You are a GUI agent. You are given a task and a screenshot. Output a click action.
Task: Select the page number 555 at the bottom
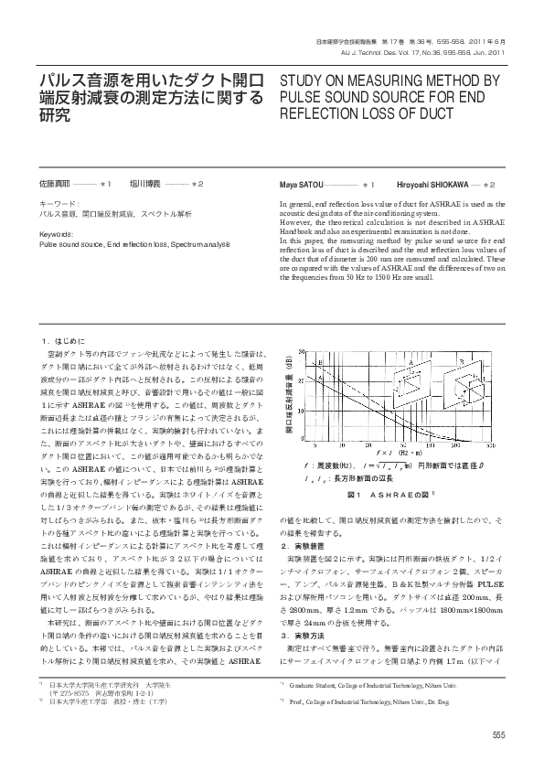498,736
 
